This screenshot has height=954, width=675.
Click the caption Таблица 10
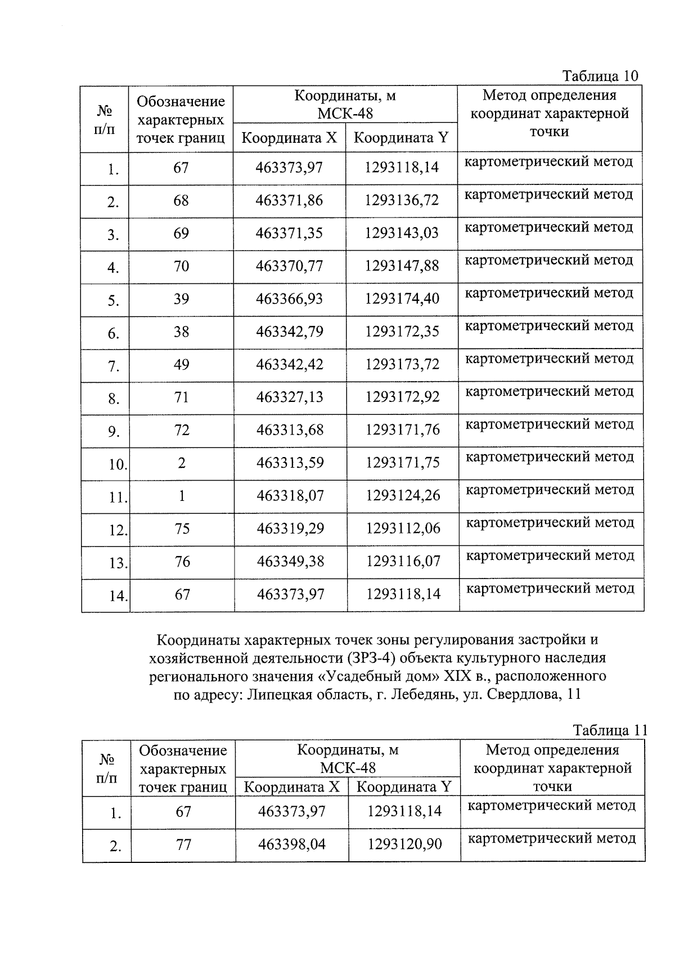601,76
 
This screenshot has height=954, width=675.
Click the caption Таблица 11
610,730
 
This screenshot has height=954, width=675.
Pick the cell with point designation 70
181,266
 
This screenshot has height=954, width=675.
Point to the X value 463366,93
289,299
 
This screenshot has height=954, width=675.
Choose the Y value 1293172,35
402,332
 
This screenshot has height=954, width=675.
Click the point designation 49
182,365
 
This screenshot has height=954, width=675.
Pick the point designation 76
182,562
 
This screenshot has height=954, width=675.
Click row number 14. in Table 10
118,596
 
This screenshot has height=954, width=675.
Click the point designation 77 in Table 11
183,844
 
